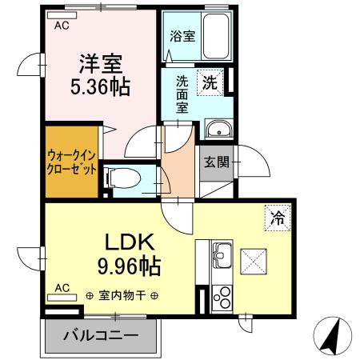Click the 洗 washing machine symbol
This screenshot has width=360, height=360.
[x=209, y=81]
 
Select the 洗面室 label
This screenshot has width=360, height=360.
[x=182, y=94]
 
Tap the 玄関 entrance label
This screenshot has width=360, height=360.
[x=216, y=162]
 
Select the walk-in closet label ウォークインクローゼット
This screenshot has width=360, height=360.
[x=73, y=163]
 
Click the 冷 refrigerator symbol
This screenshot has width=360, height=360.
[x=274, y=215]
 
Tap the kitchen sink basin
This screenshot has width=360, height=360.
[x=221, y=258]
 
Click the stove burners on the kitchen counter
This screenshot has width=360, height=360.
[x=221, y=298]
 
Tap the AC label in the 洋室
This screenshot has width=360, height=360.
[x=62, y=26]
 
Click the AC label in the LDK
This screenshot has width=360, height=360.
[x=62, y=287]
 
